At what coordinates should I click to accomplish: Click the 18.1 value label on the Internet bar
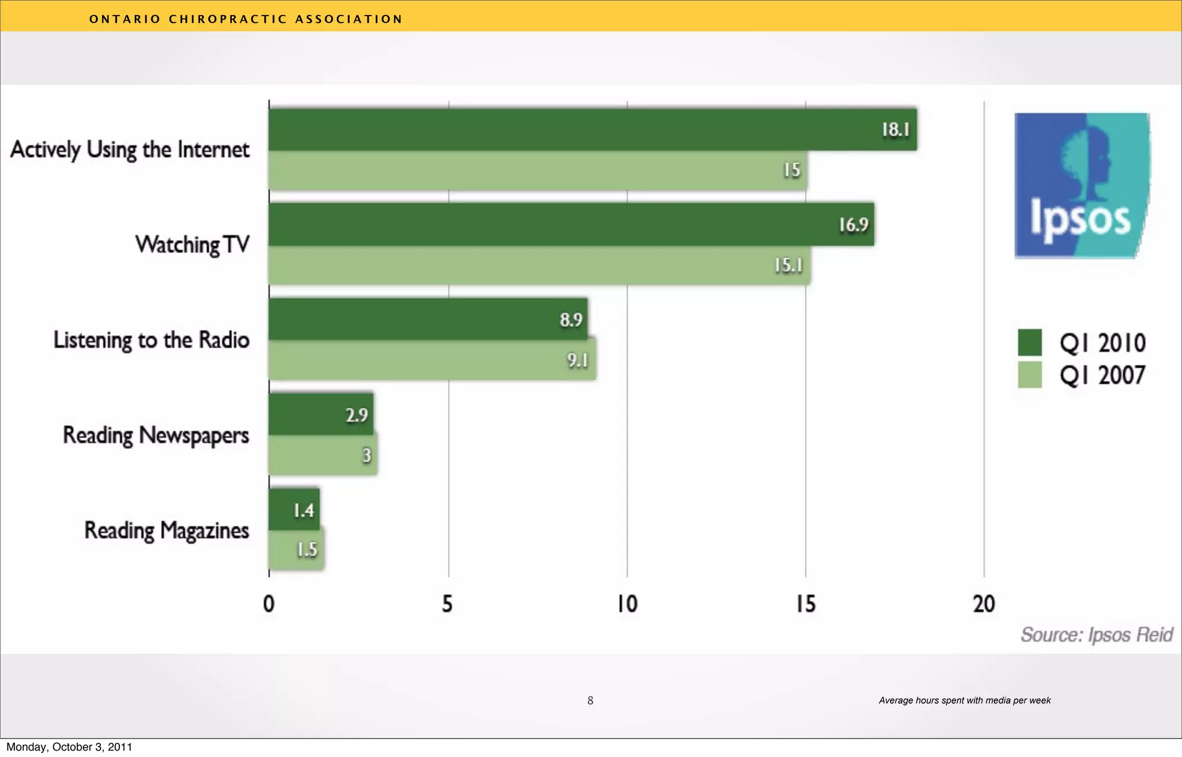coord(895,130)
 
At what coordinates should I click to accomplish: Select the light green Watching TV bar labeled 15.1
coord(540,265)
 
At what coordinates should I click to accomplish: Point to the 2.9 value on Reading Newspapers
coord(357,415)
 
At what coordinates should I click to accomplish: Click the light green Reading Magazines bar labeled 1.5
coord(296,550)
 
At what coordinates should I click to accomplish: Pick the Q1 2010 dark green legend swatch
coord(1030,343)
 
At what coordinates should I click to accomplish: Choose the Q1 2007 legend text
coord(1102,376)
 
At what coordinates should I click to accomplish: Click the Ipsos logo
coord(1082,185)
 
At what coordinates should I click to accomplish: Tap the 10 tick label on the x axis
coord(627,604)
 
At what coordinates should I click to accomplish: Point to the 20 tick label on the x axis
coord(984,604)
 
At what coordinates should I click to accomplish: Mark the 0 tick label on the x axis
coord(269,604)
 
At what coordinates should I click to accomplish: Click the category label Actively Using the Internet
coord(130,149)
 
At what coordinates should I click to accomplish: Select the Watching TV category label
coord(192,245)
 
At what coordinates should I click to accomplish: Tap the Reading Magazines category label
coord(167,530)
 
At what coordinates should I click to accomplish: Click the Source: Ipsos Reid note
coord(1097,635)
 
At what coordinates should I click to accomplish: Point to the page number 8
coord(590,700)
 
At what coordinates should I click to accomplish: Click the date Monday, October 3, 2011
coord(69,747)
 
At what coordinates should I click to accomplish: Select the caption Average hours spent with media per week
coord(964,700)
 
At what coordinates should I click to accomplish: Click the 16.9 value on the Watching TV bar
coord(853,224)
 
